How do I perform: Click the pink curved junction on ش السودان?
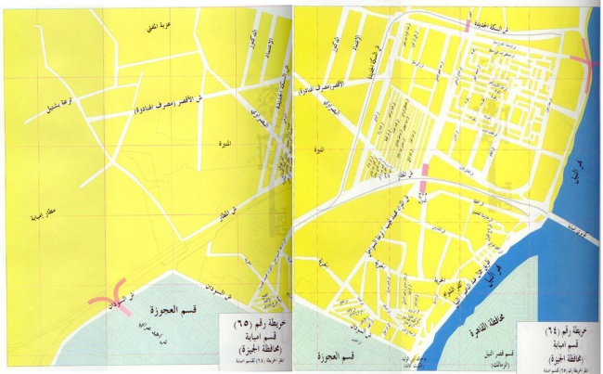pyautogui.click(x=114, y=294)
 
